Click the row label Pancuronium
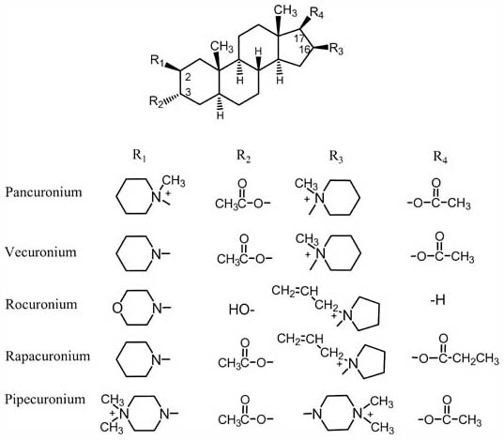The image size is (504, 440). coord(44,192)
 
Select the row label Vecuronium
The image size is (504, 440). coord(40,252)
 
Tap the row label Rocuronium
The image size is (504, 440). coord(41,304)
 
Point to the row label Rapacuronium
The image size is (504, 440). coord(48,357)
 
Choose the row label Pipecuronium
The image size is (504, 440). coord(45,400)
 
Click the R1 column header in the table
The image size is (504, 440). coord(140,156)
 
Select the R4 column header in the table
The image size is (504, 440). coord(440,157)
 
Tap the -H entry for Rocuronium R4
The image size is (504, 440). coord(438,300)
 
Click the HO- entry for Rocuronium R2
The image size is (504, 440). coord(242,310)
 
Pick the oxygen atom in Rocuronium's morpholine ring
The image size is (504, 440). coord(117,309)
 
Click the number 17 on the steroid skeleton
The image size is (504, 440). coord(299,38)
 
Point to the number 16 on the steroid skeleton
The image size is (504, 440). coord(304,50)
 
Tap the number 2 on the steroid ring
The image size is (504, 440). coord(189,77)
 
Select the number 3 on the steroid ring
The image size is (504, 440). coord(189,92)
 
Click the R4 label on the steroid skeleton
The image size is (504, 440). coord(316,13)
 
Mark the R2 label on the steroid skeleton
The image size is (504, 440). coord(157,101)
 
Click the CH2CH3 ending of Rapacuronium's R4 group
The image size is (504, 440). coord(478,358)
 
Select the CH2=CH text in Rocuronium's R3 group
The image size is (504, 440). coord(295,291)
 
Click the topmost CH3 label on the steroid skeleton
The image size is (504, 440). coord(285,10)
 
